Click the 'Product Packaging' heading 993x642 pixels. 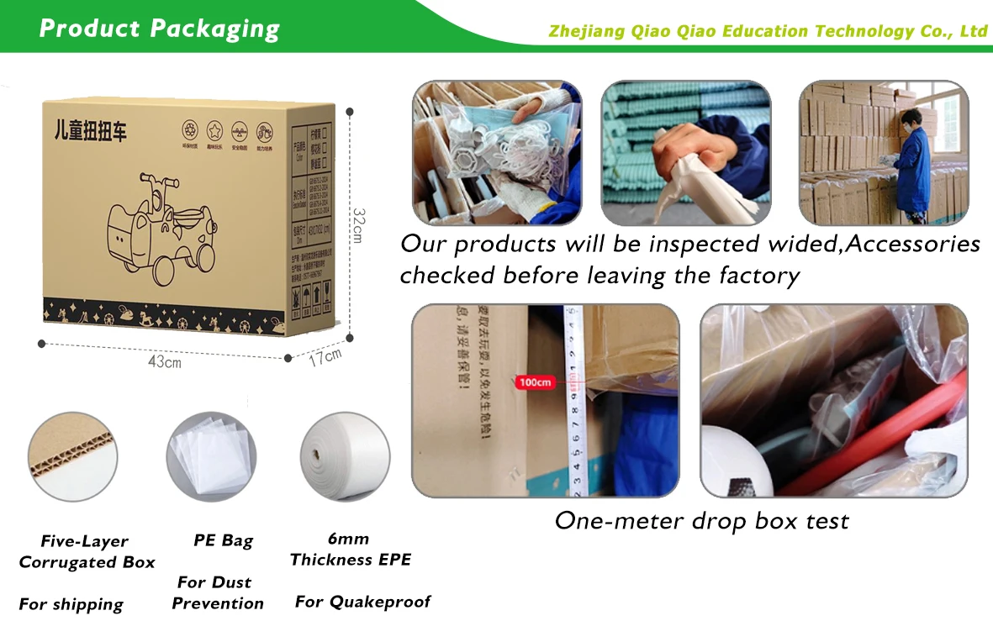tap(159, 29)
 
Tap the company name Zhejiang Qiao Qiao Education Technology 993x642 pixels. tap(767, 32)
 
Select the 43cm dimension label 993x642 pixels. tap(164, 362)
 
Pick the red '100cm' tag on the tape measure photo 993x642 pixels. tap(536, 382)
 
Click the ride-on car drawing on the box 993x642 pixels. tap(166, 224)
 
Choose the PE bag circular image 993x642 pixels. tap(209, 456)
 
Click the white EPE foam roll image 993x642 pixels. tap(345, 456)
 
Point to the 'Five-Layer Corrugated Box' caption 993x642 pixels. tap(87, 552)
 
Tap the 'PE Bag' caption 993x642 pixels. tap(223, 540)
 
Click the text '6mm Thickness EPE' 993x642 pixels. tap(350, 550)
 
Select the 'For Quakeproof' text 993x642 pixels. tap(362, 602)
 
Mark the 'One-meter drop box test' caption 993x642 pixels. tap(701, 521)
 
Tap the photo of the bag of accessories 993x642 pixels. tap(497, 152)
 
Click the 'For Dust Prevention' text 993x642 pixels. tap(217, 592)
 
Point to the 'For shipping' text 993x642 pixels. tap(71, 604)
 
